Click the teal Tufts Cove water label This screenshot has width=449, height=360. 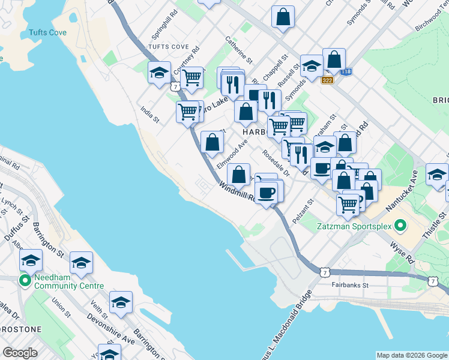click(x=46, y=33)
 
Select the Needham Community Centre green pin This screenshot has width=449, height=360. click(x=25, y=280)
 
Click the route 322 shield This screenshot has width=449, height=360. click(x=327, y=80)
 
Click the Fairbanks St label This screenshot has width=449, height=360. click(x=350, y=286)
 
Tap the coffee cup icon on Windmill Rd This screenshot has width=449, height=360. click(x=266, y=193)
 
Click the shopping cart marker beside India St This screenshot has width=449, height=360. click(x=188, y=112)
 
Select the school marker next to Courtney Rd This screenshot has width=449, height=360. click(x=159, y=73)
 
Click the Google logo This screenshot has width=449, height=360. click(x=20, y=353)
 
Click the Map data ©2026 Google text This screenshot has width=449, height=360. click(x=411, y=355)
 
